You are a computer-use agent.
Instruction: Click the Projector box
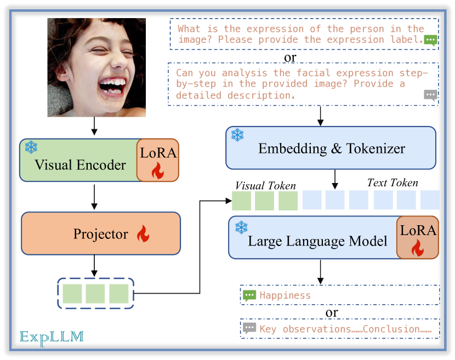coord(100,233)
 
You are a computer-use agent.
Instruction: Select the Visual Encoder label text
coord(80,164)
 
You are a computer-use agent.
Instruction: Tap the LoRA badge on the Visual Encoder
coord(158,160)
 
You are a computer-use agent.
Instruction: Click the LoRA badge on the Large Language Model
coord(418,237)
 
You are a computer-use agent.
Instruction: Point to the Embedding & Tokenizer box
coord(331,148)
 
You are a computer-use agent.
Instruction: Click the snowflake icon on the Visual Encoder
coord(31,147)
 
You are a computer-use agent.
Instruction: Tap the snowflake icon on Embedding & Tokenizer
coord(237,135)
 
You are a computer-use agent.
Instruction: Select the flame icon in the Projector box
coord(143,234)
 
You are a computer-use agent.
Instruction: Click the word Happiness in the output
coord(285,295)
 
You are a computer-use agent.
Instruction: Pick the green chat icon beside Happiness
coord(249,295)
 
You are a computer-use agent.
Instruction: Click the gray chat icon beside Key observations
coord(249,328)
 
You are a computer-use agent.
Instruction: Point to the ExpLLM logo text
coord(52,336)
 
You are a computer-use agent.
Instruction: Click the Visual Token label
coord(265,186)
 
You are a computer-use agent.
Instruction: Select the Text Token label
coord(393,183)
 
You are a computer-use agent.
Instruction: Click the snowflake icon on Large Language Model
coord(241,227)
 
